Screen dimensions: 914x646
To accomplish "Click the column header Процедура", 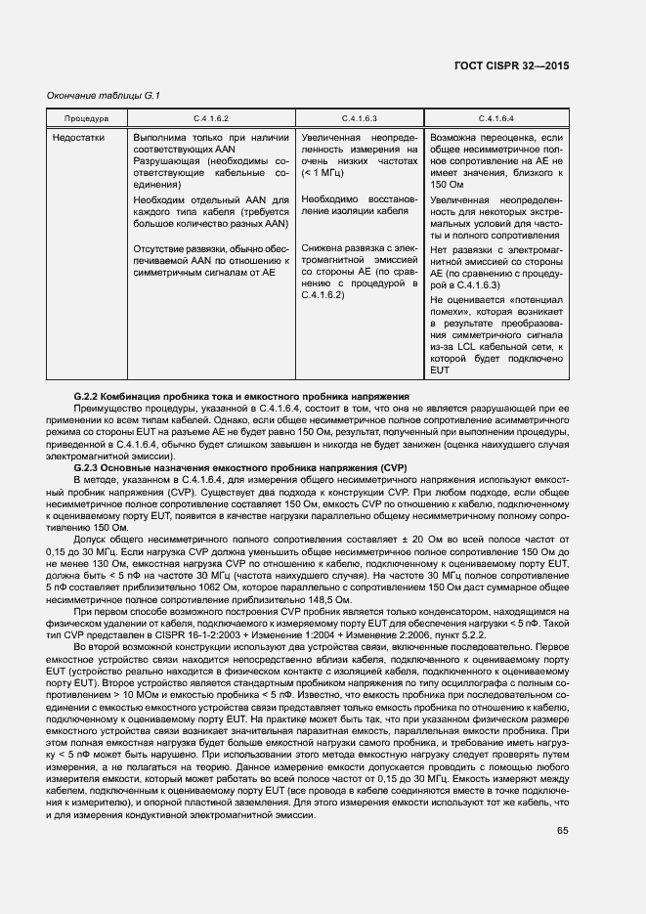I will pyautogui.click(x=86, y=118).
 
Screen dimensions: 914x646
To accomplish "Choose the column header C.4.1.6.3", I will pyautogui.click(x=359, y=118).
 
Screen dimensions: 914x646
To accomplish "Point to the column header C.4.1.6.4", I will pyautogui.click(x=496, y=118).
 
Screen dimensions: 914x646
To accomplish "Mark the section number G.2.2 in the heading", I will pyautogui.click(x=90, y=396).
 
